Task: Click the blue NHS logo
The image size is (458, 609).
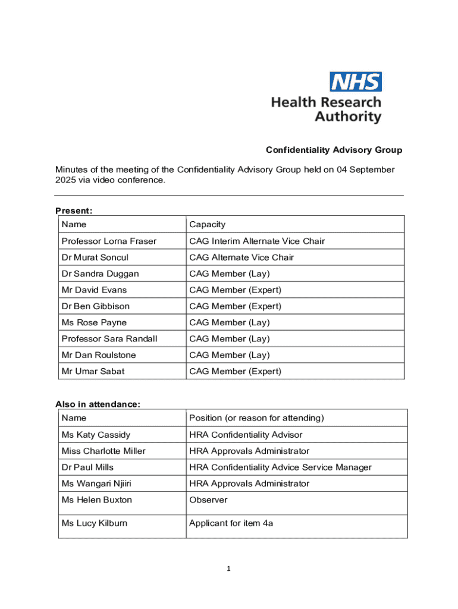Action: pos(356,81)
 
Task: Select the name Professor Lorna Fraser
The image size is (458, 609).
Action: pos(109,241)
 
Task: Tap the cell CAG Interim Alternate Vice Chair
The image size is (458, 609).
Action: pos(257,241)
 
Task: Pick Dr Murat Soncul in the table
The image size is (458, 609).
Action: pos(95,258)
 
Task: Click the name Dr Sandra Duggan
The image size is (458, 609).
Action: pos(100,274)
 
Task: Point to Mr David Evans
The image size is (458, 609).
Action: pos(94,290)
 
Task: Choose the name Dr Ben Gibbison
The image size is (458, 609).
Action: pos(95,306)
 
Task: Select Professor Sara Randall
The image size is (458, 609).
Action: pos(109,339)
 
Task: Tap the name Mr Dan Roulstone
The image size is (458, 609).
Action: pos(99,355)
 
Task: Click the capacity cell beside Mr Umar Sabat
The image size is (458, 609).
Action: pos(235,371)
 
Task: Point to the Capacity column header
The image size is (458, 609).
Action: pos(207,224)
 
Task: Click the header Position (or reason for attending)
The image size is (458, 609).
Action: pos(256,418)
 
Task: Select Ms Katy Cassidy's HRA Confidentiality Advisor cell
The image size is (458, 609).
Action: pos(246,435)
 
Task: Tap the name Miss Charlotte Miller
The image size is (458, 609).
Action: pos(103,451)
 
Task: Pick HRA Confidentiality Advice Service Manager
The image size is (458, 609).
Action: pos(280,467)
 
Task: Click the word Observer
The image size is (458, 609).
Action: pos(208,500)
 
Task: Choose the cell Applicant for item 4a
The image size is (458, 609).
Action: pos(231,523)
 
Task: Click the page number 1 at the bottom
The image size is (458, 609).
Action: pos(228,569)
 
